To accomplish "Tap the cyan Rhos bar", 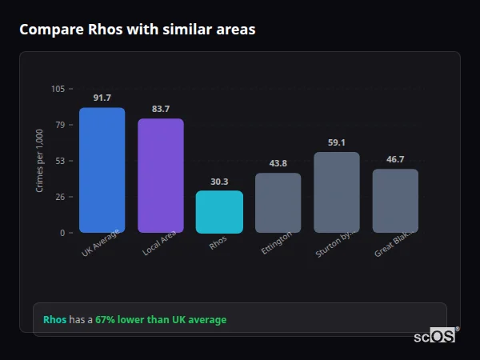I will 219,212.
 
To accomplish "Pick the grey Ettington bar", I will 278,203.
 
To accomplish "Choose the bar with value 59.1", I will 337,193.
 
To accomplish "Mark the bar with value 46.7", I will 395,201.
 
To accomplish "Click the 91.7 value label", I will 102,98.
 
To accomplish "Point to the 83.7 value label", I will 160,109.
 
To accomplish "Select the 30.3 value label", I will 219,182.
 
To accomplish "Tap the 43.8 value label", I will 278,163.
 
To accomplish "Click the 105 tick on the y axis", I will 58,89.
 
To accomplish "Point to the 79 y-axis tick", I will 60,125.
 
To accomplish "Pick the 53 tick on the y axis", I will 60,161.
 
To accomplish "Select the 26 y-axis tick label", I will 60,197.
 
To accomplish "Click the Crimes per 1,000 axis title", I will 40,161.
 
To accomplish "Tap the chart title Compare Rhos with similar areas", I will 138,30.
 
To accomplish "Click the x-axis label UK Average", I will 100,244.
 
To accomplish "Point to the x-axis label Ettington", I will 277,243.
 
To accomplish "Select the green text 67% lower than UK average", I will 161,320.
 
